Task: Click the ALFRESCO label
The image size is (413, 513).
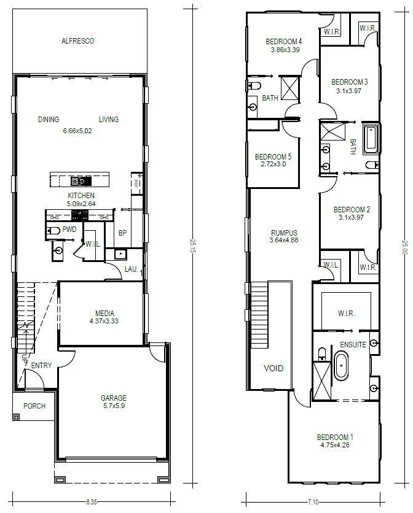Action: (77, 41)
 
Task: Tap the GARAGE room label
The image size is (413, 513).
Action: (114, 398)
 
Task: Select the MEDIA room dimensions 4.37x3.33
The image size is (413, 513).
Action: (104, 321)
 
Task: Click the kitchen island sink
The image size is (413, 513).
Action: (81, 180)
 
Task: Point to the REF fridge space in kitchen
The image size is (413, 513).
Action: (136, 183)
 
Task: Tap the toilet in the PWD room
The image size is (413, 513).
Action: (52, 231)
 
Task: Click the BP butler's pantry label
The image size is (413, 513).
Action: (122, 233)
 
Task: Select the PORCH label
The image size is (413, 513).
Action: (34, 406)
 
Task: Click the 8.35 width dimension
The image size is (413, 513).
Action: (92, 502)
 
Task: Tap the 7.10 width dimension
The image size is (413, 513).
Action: (313, 502)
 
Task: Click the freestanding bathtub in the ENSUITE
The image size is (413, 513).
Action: (341, 366)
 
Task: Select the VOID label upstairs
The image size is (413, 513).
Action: (273, 368)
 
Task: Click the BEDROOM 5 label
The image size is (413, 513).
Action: (273, 156)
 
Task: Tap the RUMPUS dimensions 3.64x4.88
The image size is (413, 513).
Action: (284, 240)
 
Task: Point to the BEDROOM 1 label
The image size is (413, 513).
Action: (335, 437)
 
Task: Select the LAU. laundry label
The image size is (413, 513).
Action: (131, 269)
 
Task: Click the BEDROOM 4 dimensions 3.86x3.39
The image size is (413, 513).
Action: (285, 50)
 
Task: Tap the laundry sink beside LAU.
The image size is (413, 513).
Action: (120, 254)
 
